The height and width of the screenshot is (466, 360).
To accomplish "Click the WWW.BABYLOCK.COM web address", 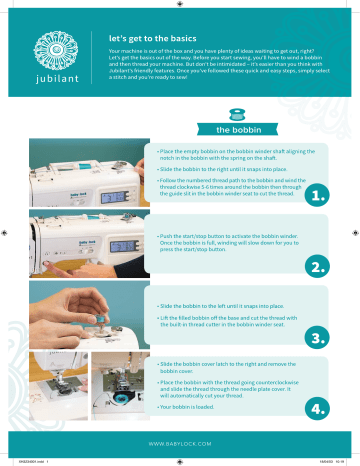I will [x=180, y=441].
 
